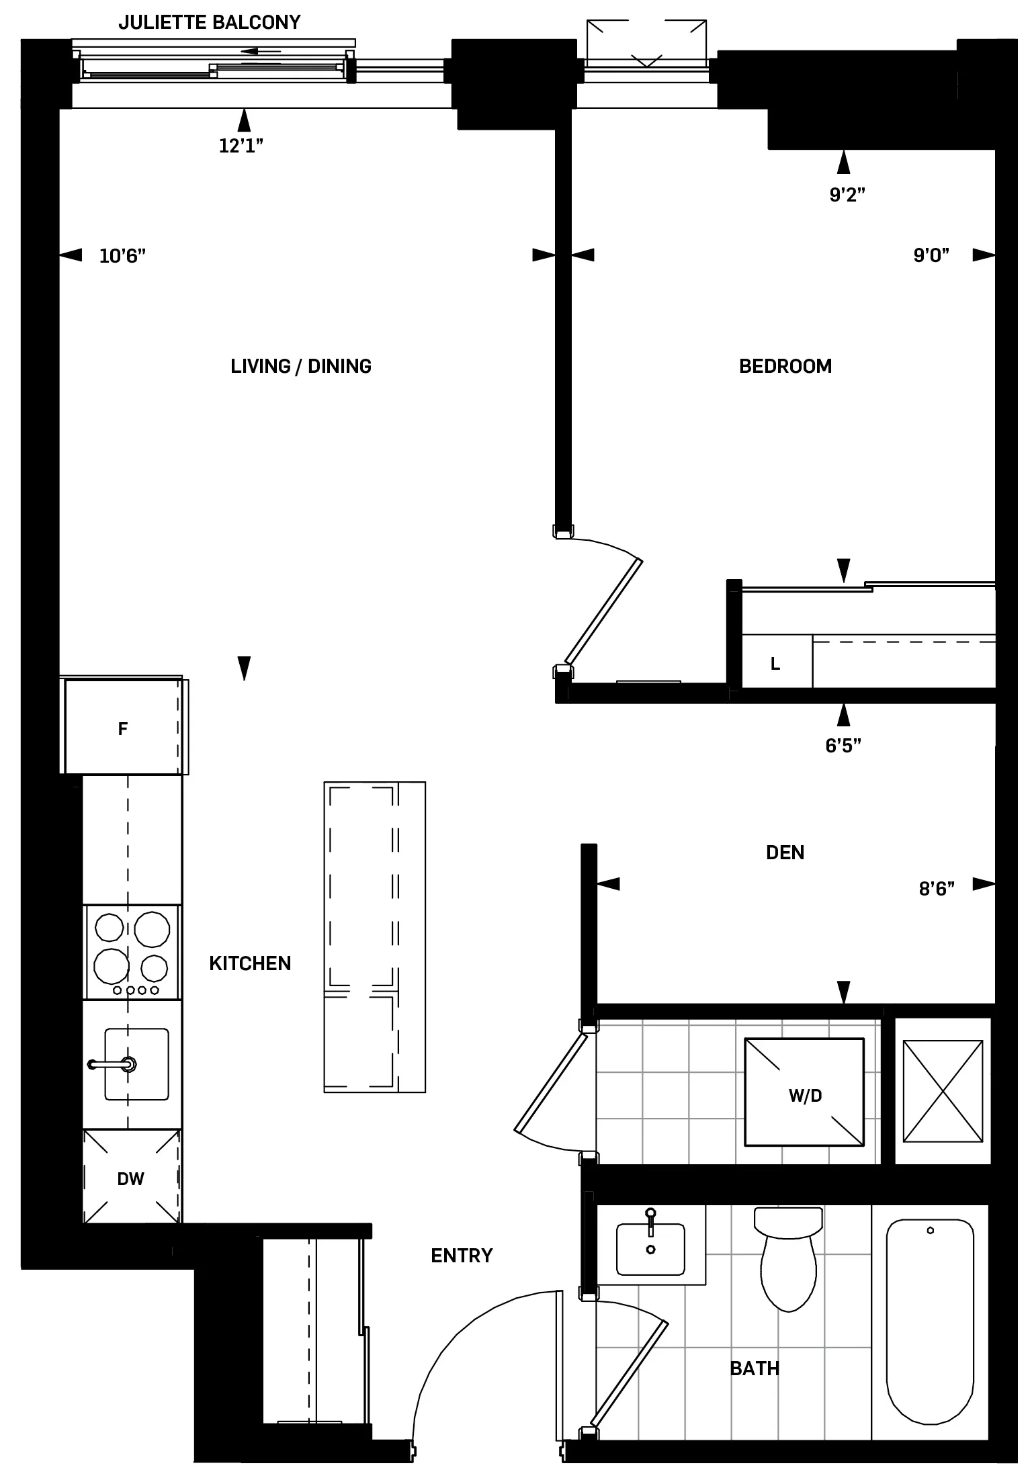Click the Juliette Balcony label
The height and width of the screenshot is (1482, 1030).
pyautogui.click(x=209, y=23)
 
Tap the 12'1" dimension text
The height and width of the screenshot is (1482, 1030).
pyautogui.click(x=241, y=146)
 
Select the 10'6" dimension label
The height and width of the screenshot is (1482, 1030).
pyautogui.click(x=122, y=256)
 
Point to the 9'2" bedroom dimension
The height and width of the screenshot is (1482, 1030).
pyautogui.click(x=847, y=195)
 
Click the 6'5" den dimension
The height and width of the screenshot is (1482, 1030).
pyautogui.click(x=843, y=745)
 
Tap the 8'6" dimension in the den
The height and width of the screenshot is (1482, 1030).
pyautogui.click(x=937, y=889)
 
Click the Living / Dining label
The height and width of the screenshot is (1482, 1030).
pyautogui.click(x=300, y=366)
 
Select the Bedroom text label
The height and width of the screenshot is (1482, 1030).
pyautogui.click(x=785, y=366)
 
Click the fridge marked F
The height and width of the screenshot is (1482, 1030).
pyautogui.click(x=123, y=729)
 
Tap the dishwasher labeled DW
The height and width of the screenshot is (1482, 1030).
pyautogui.click(x=130, y=1179)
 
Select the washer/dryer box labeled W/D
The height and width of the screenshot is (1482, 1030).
pyautogui.click(x=804, y=1096)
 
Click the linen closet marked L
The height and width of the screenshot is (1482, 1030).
pyautogui.click(x=775, y=664)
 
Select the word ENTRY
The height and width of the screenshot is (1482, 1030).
pyautogui.click(x=462, y=1255)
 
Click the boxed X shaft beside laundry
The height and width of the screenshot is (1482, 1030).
pyautogui.click(x=942, y=1091)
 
